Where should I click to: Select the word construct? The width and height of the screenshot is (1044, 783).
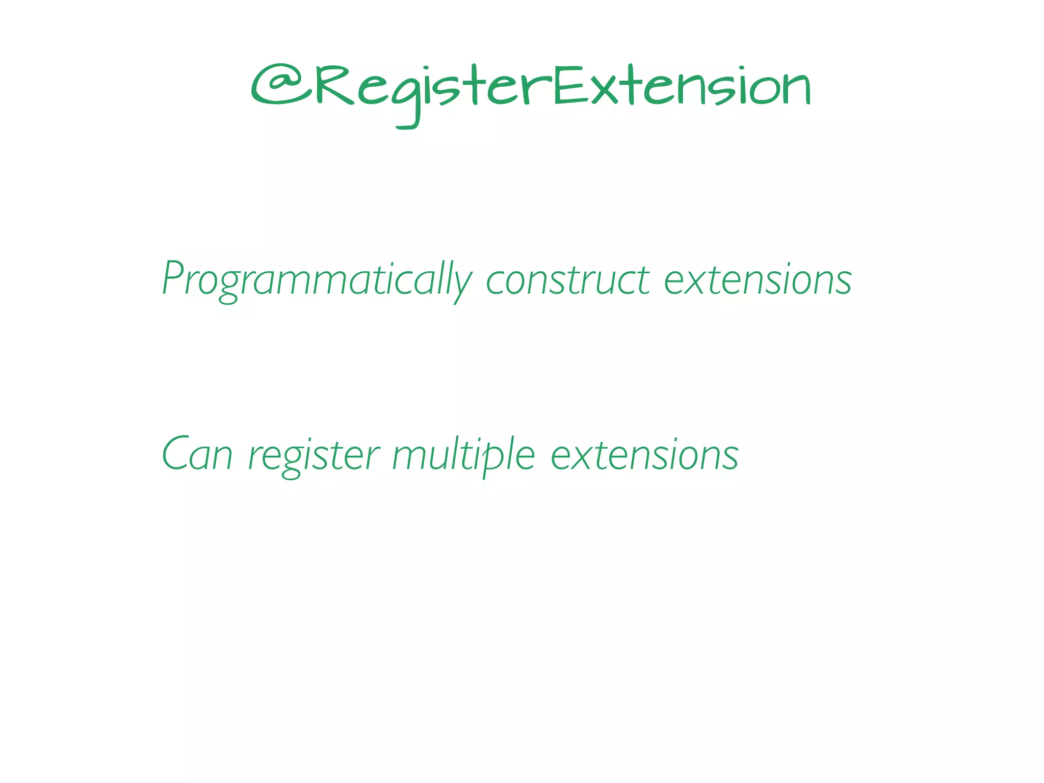567,280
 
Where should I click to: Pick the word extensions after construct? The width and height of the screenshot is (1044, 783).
758,280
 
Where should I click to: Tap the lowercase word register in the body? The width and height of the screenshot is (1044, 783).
314,455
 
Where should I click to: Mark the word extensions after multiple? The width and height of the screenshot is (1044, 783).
644,455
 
